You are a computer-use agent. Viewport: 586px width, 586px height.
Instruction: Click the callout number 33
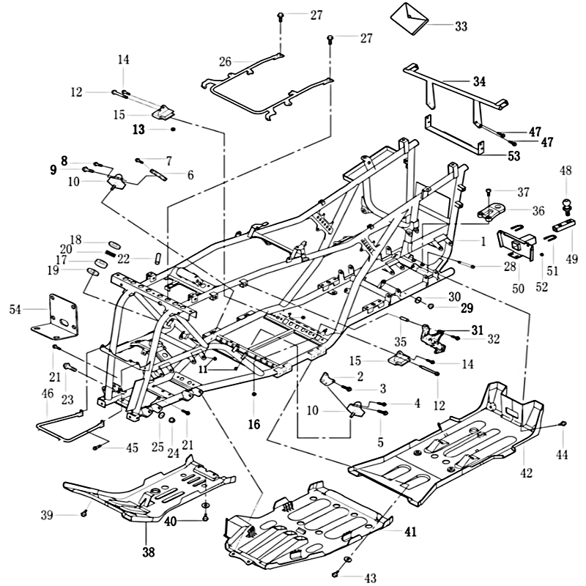(460, 26)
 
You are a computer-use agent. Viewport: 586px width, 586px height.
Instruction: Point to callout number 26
(225, 62)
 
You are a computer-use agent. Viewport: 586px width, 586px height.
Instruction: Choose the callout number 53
(514, 156)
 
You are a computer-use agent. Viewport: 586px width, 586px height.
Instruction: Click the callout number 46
(48, 394)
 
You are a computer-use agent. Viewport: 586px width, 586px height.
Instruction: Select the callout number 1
(483, 241)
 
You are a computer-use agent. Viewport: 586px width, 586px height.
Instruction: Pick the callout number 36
(538, 211)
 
